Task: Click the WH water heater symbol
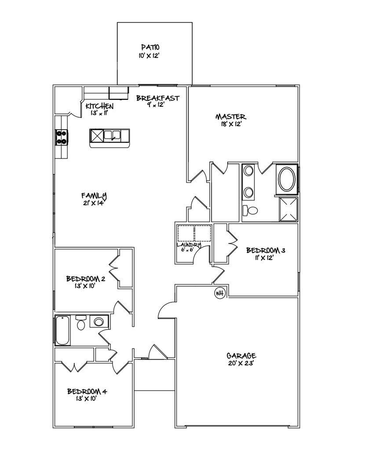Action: coord(220,293)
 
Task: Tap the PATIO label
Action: coord(150,47)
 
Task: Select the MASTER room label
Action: coord(230,117)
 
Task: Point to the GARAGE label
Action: coord(241,356)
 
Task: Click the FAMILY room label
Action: coord(94,196)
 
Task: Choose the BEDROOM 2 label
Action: coord(85,279)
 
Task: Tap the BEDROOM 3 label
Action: coord(266,250)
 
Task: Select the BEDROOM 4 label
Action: coord(87,391)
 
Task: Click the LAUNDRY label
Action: coord(189,245)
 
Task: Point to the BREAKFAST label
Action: coord(157,98)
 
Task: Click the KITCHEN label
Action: coord(99,106)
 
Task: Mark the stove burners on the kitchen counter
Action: coord(62,137)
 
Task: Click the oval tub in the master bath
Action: coord(286,179)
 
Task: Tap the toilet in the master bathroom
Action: coord(251,211)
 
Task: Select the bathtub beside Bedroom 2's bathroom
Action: coord(62,330)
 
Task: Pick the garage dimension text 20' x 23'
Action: coord(241,363)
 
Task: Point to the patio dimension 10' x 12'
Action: coord(150,55)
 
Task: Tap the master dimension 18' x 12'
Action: coord(230,125)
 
